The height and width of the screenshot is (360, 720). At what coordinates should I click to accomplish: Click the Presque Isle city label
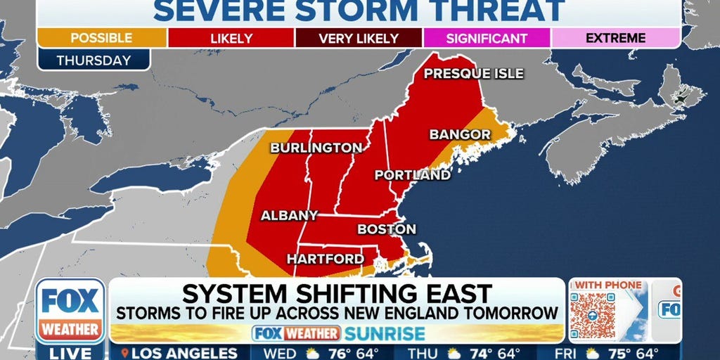click(474, 74)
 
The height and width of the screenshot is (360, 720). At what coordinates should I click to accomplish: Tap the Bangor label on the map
click(450, 134)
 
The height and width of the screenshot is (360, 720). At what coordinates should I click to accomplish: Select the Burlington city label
click(316, 148)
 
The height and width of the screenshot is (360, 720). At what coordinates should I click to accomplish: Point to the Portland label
click(412, 175)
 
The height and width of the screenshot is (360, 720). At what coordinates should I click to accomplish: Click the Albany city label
click(290, 215)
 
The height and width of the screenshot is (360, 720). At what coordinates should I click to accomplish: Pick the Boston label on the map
click(387, 229)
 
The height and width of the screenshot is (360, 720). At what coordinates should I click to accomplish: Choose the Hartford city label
click(325, 259)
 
